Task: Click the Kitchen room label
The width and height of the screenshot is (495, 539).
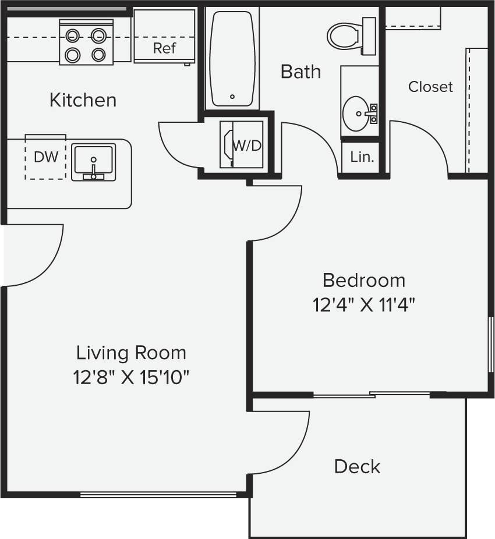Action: (x=83, y=100)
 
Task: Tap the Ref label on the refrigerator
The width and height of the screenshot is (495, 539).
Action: (x=164, y=48)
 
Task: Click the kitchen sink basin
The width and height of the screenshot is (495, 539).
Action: (x=93, y=162)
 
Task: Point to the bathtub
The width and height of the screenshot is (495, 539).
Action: (x=232, y=58)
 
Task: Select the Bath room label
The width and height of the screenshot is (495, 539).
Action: (x=300, y=72)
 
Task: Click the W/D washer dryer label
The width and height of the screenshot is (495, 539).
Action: (x=247, y=146)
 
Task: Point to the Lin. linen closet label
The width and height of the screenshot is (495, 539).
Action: (x=362, y=157)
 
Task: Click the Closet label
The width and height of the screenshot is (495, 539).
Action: (x=430, y=87)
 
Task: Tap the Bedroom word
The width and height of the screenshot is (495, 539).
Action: (x=364, y=280)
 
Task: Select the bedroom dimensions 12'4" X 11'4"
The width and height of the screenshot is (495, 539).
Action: (x=364, y=304)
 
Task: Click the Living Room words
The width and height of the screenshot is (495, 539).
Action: (x=132, y=353)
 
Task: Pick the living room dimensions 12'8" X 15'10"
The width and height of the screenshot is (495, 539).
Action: (x=132, y=378)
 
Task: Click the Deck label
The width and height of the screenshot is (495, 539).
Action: (x=357, y=466)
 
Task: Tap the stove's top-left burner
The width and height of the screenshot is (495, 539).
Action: (x=72, y=36)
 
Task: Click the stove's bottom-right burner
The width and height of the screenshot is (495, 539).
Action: (x=99, y=55)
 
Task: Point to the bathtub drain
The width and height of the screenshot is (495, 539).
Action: (x=232, y=97)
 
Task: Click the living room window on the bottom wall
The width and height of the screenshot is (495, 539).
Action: (x=158, y=495)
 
